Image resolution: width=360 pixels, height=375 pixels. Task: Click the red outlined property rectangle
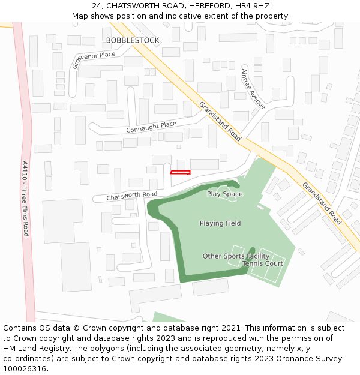pos(180,173)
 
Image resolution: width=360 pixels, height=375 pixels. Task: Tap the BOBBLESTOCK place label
pos(133,40)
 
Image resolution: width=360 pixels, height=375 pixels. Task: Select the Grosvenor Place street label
pos(93,60)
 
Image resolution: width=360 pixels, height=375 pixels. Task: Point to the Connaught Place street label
pos(151,127)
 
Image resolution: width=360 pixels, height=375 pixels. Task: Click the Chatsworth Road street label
pos(132,196)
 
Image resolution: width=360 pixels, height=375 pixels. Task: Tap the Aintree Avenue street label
pos(253,89)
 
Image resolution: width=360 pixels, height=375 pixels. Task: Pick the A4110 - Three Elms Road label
pos(25,198)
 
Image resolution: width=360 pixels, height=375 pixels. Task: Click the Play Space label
pos(225,194)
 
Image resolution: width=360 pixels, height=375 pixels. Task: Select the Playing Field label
pos(220,223)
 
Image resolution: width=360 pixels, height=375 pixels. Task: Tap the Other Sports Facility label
pos(236,256)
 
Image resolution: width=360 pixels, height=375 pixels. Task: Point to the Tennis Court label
pos(263,263)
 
